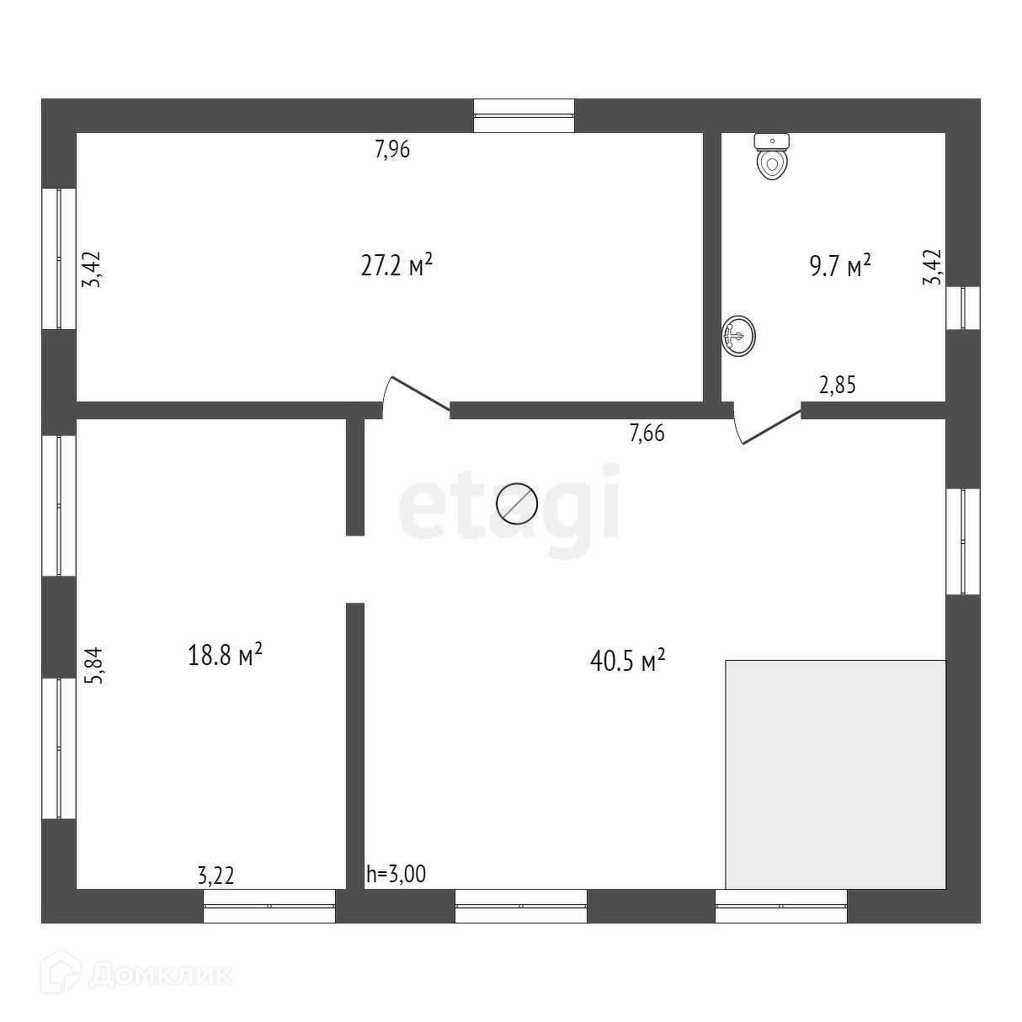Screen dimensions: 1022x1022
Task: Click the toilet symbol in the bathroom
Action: [772, 157]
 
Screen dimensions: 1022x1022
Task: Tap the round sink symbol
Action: [737, 336]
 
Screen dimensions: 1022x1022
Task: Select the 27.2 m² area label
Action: [397, 266]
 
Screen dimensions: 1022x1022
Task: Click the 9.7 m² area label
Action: [839, 267]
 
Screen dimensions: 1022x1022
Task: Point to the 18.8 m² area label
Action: [225, 654]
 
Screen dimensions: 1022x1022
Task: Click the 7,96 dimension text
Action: [392, 150]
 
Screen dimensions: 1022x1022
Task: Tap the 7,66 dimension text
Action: [647, 434]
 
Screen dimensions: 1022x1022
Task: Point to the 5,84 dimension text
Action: [95, 664]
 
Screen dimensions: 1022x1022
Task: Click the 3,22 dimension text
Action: [216, 876]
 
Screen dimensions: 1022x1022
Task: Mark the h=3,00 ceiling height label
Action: [396, 875]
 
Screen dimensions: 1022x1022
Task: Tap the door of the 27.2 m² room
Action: [416, 396]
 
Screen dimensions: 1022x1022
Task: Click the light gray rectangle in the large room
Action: [835, 774]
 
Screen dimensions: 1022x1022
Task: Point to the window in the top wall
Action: [524, 115]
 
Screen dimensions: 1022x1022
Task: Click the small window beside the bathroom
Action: [963, 307]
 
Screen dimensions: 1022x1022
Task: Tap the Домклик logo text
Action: [159, 975]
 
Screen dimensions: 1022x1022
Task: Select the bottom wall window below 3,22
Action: [269, 906]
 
